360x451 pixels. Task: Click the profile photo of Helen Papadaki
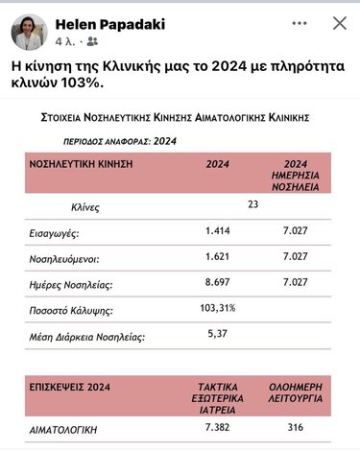29,32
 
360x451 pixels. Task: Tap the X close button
340,23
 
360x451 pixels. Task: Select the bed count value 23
253,204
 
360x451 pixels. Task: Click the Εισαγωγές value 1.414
220,231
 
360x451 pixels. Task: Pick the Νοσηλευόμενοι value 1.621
220,257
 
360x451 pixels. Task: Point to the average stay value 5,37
220,335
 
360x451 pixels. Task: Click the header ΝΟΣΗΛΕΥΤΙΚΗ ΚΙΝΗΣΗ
81,165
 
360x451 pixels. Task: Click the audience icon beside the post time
92,42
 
